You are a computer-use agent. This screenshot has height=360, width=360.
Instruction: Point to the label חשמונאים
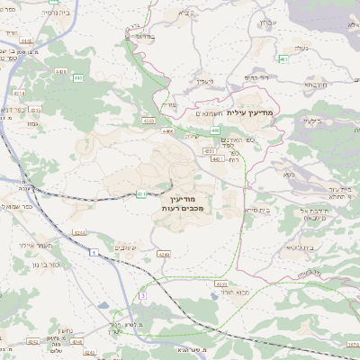coord(204,115)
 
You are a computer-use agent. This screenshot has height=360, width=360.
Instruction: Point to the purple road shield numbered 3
coord(141,295)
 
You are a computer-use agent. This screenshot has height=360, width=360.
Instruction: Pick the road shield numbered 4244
coord(80,232)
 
